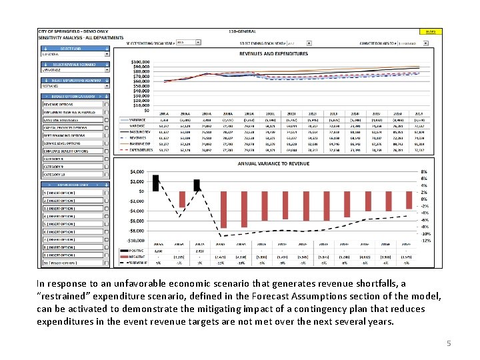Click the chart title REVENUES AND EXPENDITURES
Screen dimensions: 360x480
(273, 53)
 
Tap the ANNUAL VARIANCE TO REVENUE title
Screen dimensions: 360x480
(273, 163)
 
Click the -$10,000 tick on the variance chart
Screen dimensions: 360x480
(136, 240)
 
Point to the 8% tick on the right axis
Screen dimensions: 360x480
(424, 171)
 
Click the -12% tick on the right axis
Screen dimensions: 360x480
(425, 240)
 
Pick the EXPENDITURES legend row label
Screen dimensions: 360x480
(141, 151)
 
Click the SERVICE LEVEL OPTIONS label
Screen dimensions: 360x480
(65, 143)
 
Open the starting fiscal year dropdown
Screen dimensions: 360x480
(188, 42)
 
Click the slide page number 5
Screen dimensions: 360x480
(449, 344)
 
